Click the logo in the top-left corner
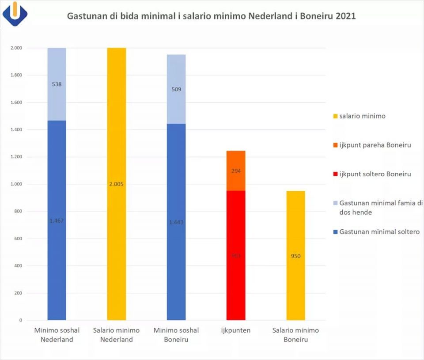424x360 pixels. (15, 14)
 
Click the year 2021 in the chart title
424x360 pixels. (345, 16)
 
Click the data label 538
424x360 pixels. (57, 84)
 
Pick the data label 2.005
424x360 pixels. (116, 184)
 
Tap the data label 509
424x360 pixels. (176, 89)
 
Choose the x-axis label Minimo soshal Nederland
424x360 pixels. (57, 335)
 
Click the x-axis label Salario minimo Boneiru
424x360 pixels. (295, 335)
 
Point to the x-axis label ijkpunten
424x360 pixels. (236, 330)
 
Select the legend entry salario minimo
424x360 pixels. (362, 116)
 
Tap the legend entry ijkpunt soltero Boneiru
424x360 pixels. (375, 174)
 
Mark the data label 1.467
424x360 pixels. (57, 220)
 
